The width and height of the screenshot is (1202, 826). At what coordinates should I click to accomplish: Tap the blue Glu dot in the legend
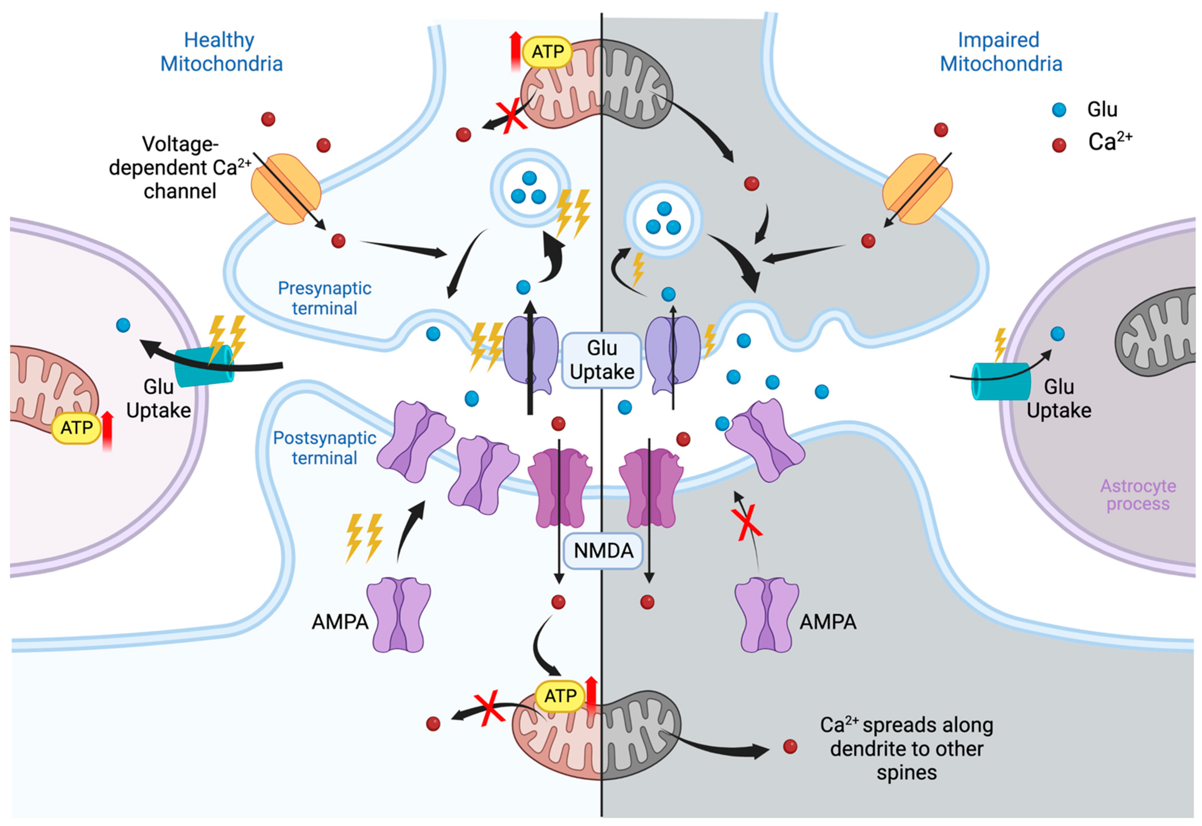pos(1059,110)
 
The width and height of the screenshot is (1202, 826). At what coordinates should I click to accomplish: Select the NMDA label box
pos(603,551)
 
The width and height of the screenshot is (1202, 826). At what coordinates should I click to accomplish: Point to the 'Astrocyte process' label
pos(1138,495)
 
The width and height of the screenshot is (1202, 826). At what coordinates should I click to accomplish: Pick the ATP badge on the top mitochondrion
pos(547,52)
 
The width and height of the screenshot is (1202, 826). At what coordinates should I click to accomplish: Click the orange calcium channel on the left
pos(286,189)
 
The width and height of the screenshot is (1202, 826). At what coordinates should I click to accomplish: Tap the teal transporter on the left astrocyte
pos(203,365)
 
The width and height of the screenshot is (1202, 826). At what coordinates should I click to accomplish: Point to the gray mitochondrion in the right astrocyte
pos(1157,331)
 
